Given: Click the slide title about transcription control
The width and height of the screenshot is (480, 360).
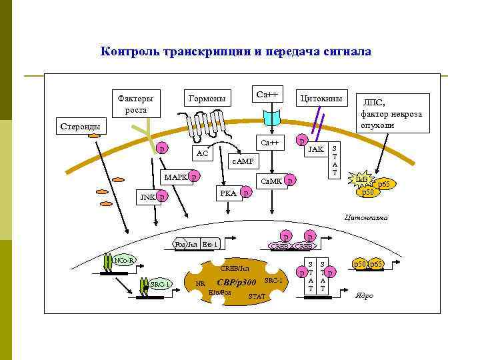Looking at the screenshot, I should (x=235, y=51).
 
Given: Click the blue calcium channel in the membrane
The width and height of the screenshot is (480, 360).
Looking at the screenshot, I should (x=273, y=119).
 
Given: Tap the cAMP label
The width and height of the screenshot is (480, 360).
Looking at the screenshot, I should (x=242, y=161).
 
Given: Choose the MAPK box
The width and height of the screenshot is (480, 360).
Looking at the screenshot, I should (x=175, y=177).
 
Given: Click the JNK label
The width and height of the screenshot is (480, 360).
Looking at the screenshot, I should (x=146, y=197).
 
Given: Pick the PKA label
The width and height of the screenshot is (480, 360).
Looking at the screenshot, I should (x=228, y=193).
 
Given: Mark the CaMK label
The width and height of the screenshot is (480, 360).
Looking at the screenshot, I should (x=271, y=181).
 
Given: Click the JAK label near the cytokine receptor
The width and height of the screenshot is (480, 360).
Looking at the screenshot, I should (x=316, y=149).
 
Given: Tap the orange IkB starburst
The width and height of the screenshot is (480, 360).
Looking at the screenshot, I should (x=362, y=180).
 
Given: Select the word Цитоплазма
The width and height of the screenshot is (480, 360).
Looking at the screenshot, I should (x=364, y=217).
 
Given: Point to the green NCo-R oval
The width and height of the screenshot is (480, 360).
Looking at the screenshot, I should (x=123, y=259).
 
